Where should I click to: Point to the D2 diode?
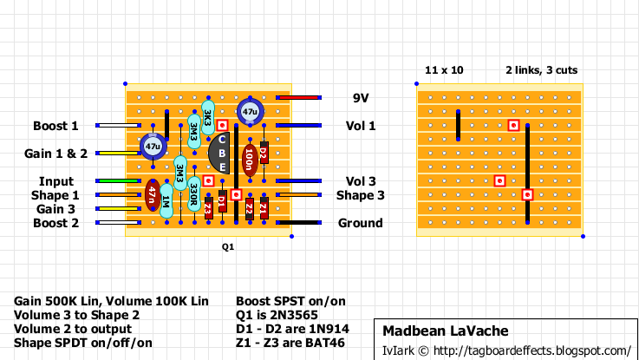coord(264,154)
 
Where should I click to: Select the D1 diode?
coord(222,202)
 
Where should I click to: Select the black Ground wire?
coord(299,223)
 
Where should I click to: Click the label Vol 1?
coord(360,126)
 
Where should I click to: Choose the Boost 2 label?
coord(55,223)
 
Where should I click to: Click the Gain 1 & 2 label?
coord(55,154)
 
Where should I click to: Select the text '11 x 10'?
coord(444,69)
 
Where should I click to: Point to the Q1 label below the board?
coord(228,247)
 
